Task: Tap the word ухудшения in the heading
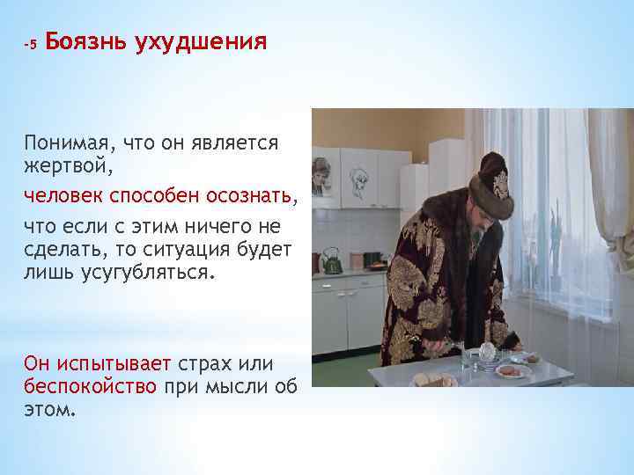201,42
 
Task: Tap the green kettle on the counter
332,261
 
